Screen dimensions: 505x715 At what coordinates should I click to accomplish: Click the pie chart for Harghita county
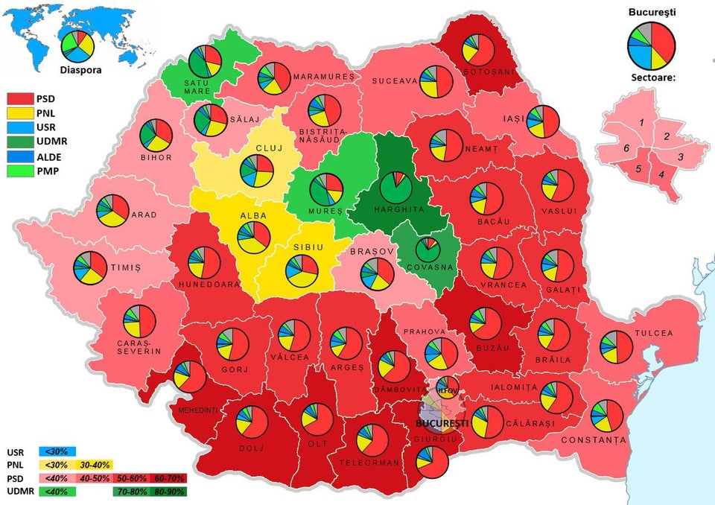(x=395, y=187)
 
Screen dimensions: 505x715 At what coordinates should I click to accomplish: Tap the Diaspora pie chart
(x=78, y=46)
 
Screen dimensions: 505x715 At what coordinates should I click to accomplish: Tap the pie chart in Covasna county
(x=428, y=248)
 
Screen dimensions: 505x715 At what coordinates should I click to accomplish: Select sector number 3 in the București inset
(x=681, y=157)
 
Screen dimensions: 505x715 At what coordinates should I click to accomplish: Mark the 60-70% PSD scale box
(x=174, y=477)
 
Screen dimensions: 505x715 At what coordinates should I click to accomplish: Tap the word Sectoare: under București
(x=652, y=77)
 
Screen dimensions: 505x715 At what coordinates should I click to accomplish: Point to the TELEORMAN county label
(x=377, y=463)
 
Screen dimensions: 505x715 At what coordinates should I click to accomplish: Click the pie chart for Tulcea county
(x=617, y=347)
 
